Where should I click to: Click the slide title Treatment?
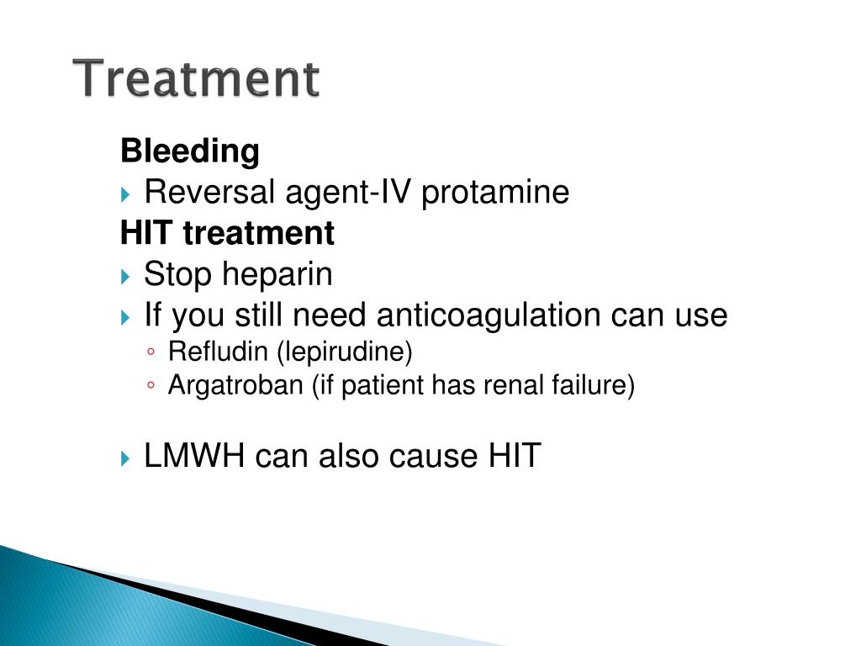196,78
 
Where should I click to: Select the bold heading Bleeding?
190,151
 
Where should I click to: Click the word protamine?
495,193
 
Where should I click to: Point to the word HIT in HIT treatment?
146,233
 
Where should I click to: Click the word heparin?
277,275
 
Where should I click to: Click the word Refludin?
218,352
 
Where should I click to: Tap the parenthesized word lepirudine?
345,352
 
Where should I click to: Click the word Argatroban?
235,385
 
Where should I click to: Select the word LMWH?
194,456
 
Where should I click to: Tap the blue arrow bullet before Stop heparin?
125,276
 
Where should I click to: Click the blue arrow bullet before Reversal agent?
125,194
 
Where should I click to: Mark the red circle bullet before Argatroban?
151,385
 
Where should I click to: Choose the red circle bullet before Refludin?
151,352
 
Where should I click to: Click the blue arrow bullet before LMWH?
125,458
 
